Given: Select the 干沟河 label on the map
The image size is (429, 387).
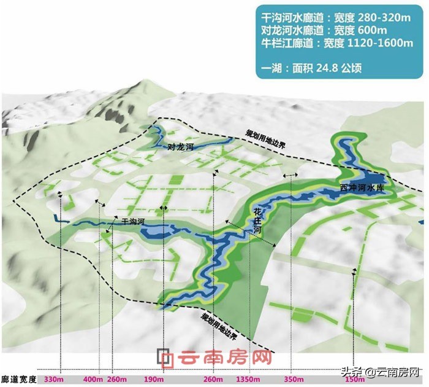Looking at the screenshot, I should coord(133,221).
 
